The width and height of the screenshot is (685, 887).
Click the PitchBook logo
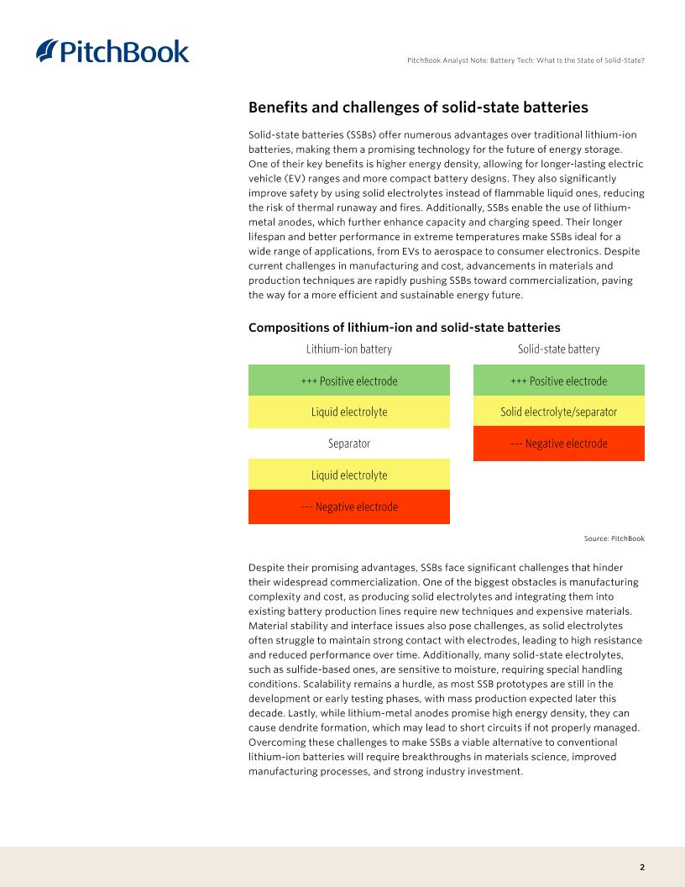pos(112,51)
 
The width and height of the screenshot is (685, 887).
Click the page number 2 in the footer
pos(641,867)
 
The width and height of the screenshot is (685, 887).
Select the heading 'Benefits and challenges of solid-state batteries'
pos(418,108)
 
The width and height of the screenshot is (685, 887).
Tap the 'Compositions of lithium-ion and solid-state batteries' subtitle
pos(404,327)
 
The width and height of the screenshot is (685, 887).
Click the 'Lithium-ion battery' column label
pos(348,349)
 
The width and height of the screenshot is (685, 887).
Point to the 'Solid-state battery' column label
pos(558,349)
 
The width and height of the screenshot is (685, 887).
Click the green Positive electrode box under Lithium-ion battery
pos(348,381)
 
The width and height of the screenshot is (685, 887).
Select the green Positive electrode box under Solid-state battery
pos(558,381)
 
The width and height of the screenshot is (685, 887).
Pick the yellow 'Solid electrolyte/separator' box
pos(558,412)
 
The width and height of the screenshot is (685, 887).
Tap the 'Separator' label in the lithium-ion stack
pos(348,443)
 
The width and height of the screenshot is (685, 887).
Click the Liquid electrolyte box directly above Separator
pos(348,412)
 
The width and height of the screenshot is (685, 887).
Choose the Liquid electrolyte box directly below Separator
pos(348,475)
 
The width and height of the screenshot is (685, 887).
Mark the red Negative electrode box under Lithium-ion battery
pos(348,506)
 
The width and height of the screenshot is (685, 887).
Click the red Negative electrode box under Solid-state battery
pos(558,443)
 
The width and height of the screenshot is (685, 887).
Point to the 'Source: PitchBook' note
pos(614,538)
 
